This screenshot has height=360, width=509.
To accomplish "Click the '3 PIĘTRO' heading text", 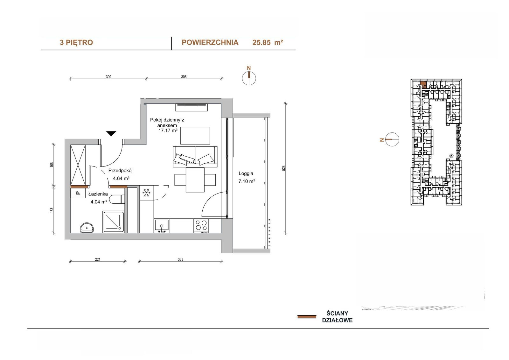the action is point(76,43).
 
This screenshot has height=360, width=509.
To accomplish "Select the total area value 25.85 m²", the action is point(268,43).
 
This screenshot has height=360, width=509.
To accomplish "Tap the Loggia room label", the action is point(246,173).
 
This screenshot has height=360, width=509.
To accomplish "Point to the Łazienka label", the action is point(98,194).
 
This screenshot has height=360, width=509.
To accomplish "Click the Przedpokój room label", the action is point(121,171).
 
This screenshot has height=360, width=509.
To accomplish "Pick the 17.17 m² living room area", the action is point(168,131).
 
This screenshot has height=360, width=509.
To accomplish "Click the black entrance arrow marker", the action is point(111,134).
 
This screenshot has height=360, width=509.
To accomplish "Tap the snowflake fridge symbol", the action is point(147,193).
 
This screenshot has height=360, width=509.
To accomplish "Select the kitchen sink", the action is point(162,226).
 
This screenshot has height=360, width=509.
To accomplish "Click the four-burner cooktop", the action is point(201,226).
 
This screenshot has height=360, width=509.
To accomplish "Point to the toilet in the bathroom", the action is point(117,199).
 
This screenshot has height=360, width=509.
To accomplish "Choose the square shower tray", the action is point(114,222).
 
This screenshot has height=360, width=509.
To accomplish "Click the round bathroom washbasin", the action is point(87,228).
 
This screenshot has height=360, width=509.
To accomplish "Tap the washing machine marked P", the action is point(78,193).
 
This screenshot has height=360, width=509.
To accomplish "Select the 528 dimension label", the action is point(283,168).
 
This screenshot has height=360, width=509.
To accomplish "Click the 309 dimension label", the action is point(108,77).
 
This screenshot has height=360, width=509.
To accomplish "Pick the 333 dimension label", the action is point(180,259).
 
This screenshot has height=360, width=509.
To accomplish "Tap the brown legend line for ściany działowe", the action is point(307,317).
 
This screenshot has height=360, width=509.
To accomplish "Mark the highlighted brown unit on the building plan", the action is point(423,84).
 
